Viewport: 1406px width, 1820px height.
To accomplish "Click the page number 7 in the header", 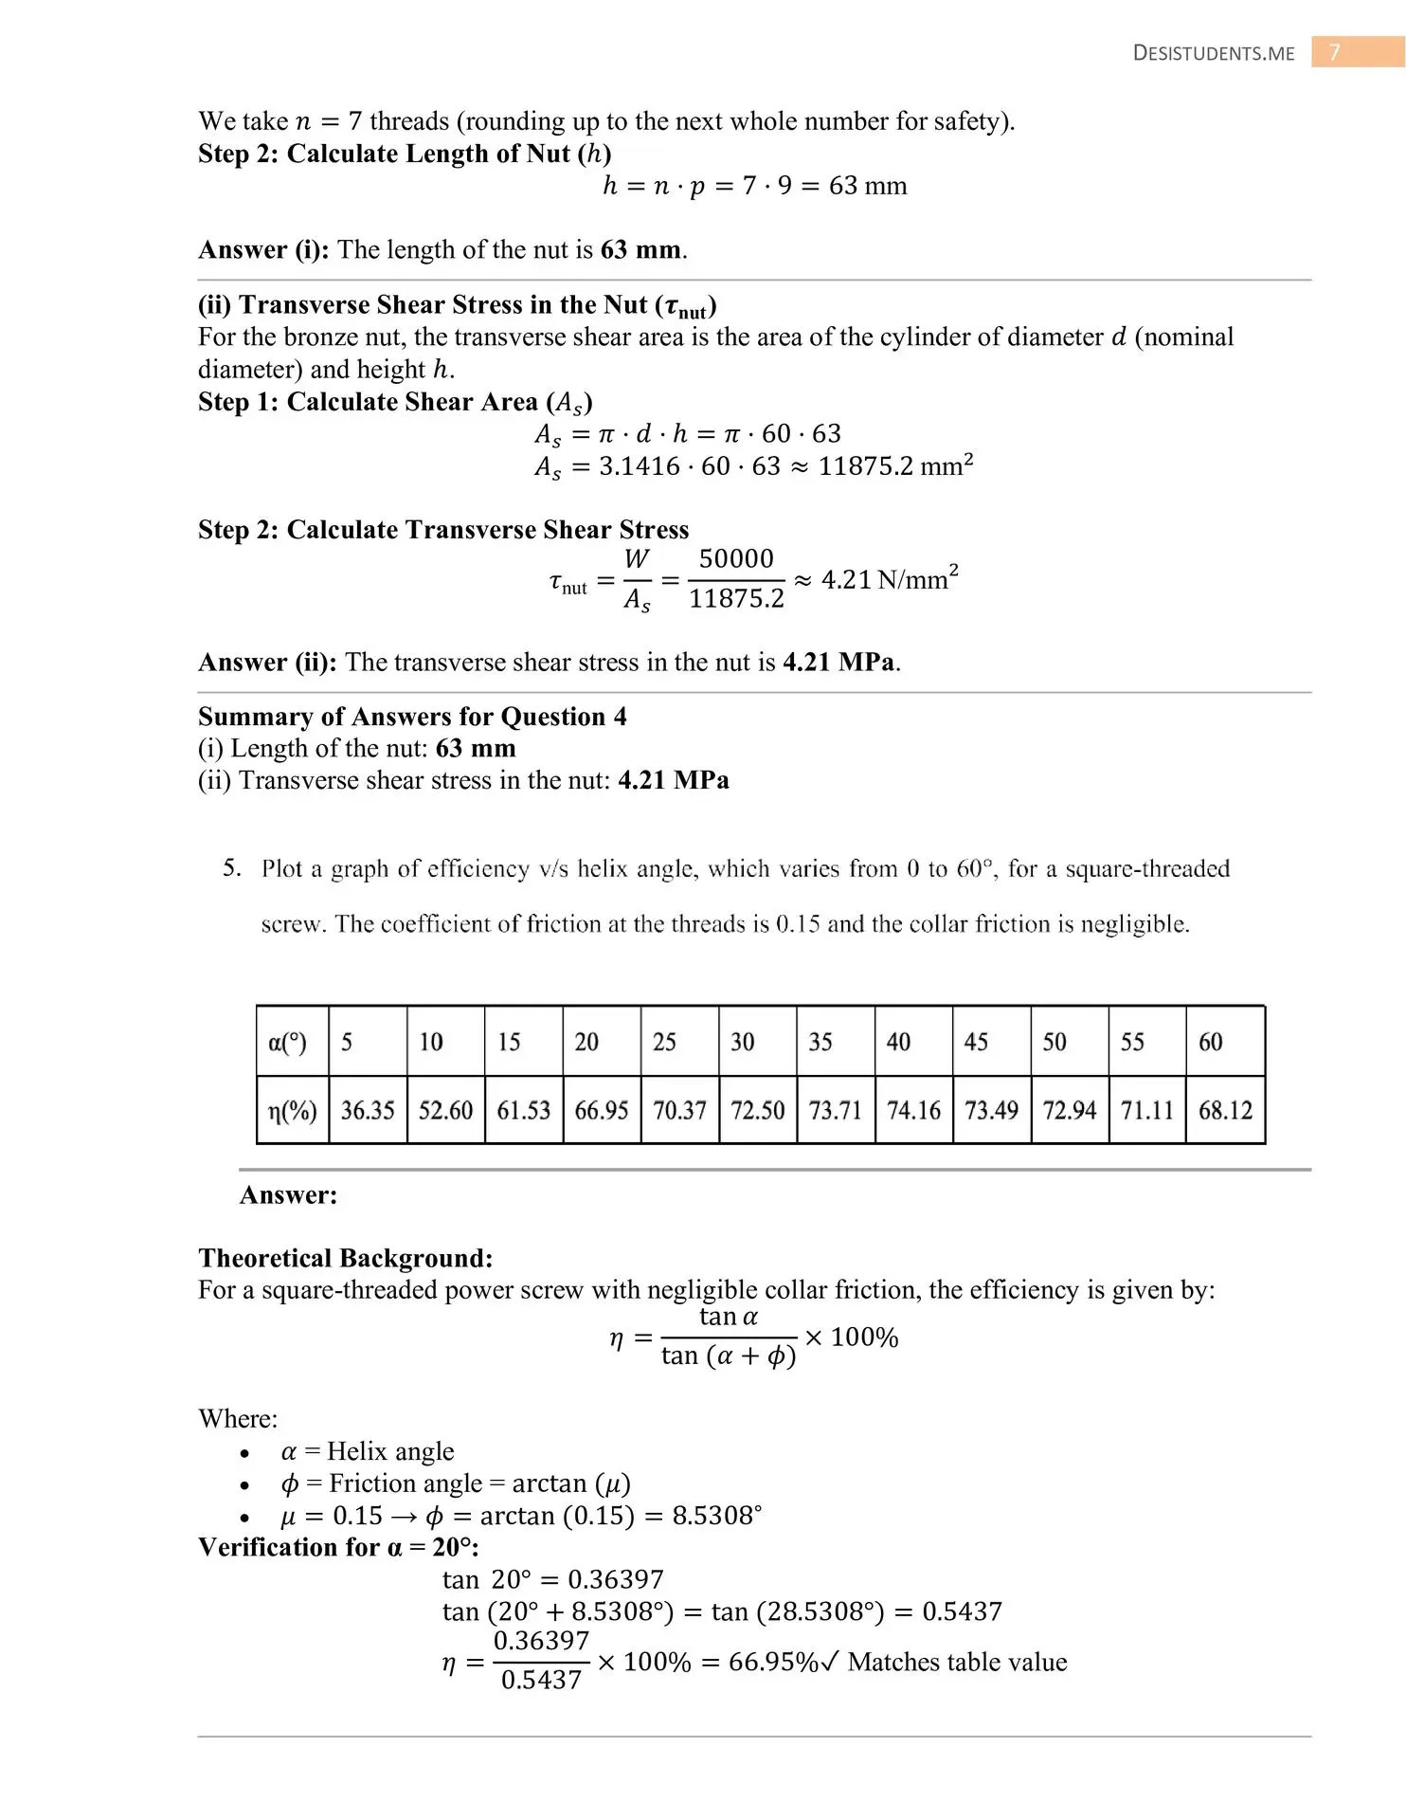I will [x=1335, y=53].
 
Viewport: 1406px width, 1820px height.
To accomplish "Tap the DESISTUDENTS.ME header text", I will [x=1214, y=54].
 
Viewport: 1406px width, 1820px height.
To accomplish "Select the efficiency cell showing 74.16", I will [x=913, y=1110].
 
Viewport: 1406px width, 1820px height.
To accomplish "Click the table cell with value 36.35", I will [x=368, y=1110].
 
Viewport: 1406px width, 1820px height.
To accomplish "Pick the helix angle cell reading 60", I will [x=1211, y=1042].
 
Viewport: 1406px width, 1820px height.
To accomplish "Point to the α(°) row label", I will [x=288, y=1043].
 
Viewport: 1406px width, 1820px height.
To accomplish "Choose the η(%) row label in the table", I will [x=292, y=1110].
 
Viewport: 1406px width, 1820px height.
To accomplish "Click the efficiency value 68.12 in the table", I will [x=1225, y=1110].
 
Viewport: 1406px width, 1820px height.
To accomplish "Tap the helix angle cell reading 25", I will [x=664, y=1042].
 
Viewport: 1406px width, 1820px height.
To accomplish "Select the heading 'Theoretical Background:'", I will [x=346, y=1258].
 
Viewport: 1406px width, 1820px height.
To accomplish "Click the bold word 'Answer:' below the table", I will [x=288, y=1194].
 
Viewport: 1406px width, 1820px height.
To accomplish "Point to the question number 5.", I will [x=232, y=867].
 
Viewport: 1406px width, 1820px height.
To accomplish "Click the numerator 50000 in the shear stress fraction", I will [x=736, y=558].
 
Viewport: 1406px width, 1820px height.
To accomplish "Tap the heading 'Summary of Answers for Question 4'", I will [x=412, y=716].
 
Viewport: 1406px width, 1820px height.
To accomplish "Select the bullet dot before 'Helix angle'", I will [x=245, y=1453].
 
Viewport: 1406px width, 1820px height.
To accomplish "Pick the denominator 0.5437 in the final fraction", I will [x=541, y=1680].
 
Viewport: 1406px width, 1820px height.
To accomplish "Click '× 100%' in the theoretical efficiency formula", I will [x=851, y=1338].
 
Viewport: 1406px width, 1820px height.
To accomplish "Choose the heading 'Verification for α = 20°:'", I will [x=338, y=1547].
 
